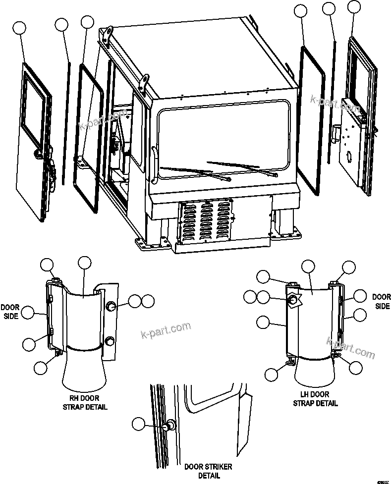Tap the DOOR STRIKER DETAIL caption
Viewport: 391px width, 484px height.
coord(208,471)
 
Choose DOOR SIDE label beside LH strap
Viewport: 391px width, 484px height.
coord(381,302)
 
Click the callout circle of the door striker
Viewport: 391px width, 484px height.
coord(139,424)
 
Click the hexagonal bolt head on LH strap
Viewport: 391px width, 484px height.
coord(293,300)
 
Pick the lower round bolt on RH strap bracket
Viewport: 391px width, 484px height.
coord(110,340)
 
